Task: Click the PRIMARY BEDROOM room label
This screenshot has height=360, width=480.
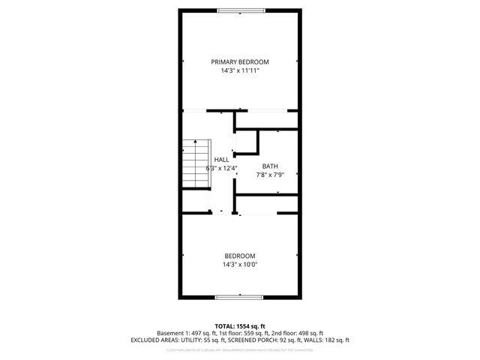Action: tap(239, 61)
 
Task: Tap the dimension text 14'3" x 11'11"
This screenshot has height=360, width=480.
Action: tap(239, 70)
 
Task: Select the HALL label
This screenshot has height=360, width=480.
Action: tap(222, 160)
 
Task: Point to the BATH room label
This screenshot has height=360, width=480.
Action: tap(270, 166)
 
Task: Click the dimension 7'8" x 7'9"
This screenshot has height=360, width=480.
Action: tap(270, 175)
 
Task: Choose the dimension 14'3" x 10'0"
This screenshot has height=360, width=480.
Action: tap(239, 264)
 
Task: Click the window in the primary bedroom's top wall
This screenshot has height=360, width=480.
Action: tap(239, 10)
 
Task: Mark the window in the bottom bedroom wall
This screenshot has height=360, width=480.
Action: tap(239, 298)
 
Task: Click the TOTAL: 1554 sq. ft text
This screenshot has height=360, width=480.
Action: tap(240, 325)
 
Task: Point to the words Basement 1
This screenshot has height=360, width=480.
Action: tap(174, 333)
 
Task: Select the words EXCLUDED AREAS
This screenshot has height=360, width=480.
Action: tap(155, 340)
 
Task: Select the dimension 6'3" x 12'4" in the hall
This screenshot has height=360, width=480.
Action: tap(222, 168)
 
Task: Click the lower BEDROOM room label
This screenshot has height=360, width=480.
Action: tap(239, 255)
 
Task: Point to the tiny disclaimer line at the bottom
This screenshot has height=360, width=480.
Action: tap(240, 349)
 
